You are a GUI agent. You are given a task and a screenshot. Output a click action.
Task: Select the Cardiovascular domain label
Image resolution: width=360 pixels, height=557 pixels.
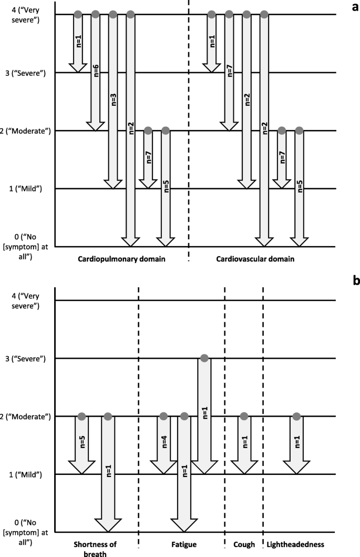[254, 259]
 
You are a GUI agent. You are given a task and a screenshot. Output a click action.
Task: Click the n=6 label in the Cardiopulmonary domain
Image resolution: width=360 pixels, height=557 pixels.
[96, 71]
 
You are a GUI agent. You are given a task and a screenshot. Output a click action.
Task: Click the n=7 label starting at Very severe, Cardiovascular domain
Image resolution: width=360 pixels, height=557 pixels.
[229, 71]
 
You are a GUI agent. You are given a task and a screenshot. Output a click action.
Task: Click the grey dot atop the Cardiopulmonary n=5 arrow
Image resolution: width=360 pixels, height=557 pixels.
[165, 130]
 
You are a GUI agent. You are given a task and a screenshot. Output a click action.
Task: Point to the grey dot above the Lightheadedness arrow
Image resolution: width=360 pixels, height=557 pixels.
[296, 417]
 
